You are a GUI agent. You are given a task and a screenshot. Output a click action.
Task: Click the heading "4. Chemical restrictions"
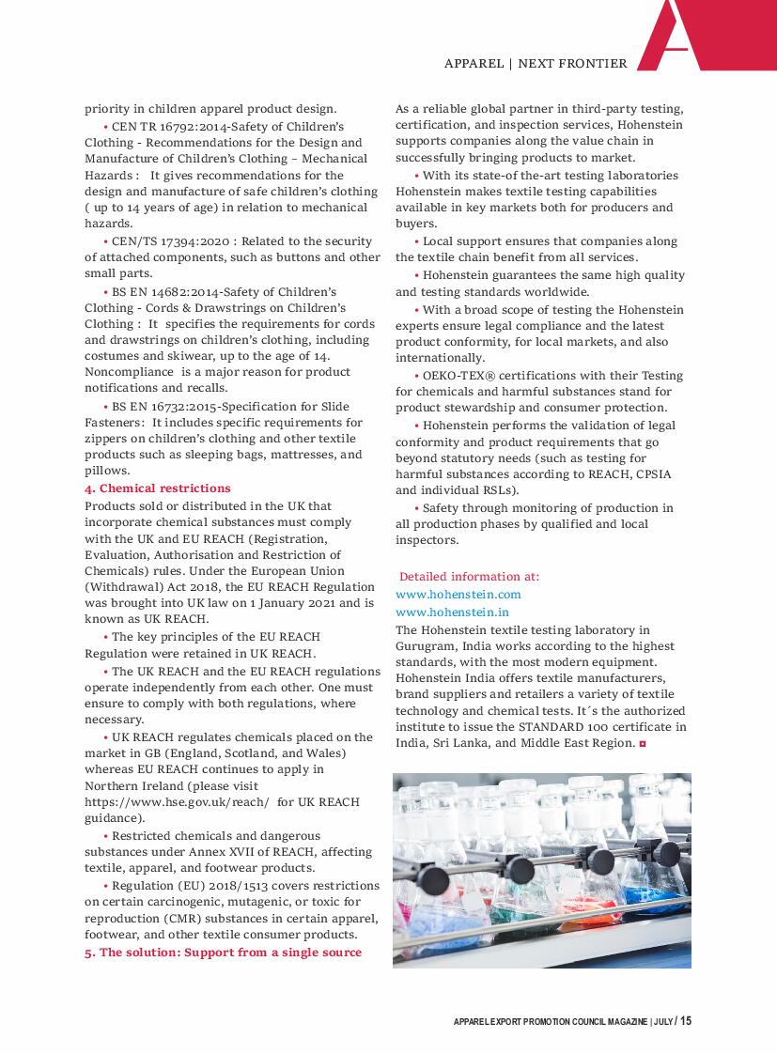pyautogui.click(x=157, y=488)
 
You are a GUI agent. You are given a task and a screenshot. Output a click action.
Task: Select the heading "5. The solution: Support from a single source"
pyautogui.click(x=223, y=953)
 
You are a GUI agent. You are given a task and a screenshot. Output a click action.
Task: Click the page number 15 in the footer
pyautogui.click(x=686, y=1021)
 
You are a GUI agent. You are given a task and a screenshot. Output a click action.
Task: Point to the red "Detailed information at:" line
pyautogui.click(x=469, y=577)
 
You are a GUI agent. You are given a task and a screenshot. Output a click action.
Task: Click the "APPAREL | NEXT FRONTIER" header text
pyautogui.click(x=536, y=64)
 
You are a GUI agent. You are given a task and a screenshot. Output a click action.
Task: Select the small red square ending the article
pyautogui.click(x=643, y=744)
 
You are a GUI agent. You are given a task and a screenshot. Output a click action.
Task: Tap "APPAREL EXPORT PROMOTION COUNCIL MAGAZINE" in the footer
pyautogui.click(x=550, y=1022)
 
